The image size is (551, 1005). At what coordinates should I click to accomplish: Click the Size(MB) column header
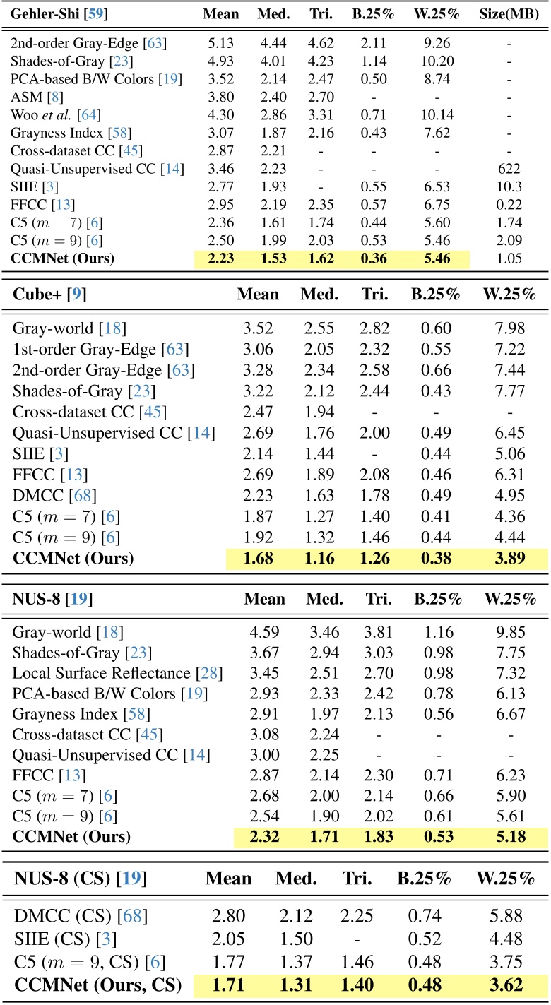[510, 14]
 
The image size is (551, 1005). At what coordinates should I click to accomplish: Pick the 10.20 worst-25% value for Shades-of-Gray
[436, 61]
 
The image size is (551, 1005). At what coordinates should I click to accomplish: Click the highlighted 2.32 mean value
[264, 838]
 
